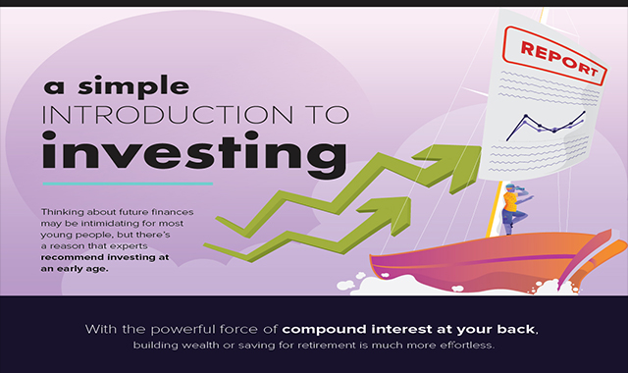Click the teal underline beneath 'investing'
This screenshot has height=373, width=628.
(127, 184)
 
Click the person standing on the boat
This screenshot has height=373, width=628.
(511, 207)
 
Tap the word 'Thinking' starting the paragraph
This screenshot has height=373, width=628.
(65, 211)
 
